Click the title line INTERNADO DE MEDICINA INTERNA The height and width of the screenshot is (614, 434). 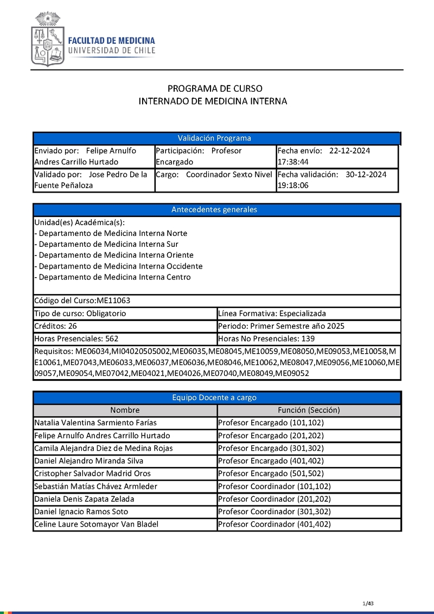(x=213, y=101)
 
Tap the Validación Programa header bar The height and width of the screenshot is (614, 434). (x=216, y=138)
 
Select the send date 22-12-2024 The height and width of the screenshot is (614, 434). (x=349, y=151)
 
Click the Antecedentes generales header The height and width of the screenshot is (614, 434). (x=216, y=210)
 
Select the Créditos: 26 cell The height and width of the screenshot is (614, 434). (x=55, y=327)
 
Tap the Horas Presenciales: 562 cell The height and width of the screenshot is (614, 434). (x=76, y=339)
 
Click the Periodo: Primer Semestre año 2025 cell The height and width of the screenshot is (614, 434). (x=281, y=327)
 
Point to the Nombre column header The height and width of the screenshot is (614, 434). (x=125, y=410)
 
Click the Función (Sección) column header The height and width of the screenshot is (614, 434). (x=309, y=410)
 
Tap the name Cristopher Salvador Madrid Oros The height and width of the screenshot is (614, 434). (x=92, y=474)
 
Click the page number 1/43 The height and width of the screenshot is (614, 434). (x=368, y=603)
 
